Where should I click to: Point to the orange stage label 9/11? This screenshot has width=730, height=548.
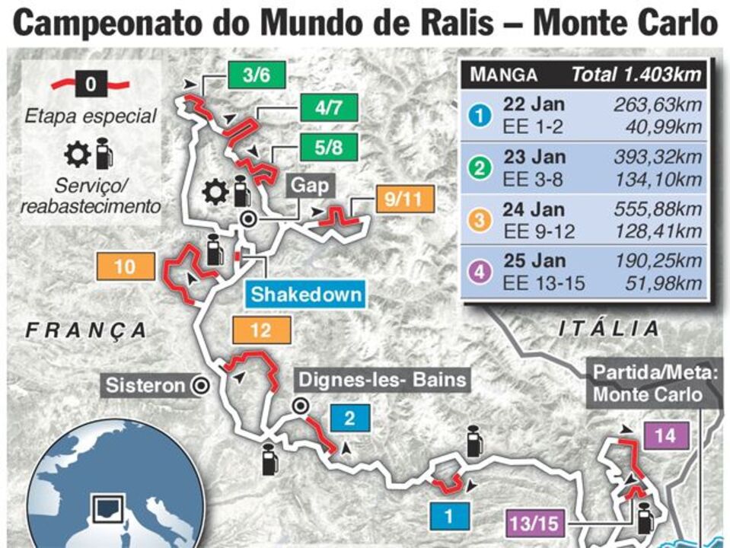[x=404, y=201]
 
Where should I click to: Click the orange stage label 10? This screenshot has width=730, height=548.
[x=125, y=266]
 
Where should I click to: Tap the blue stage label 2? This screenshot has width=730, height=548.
[x=349, y=417]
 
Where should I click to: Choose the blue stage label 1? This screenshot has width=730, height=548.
[x=449, y=517]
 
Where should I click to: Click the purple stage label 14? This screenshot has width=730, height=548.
[x=665, y=436]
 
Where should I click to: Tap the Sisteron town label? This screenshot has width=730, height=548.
[x=145, y=385]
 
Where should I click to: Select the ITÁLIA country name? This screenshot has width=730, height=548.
[x=609, y=329]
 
